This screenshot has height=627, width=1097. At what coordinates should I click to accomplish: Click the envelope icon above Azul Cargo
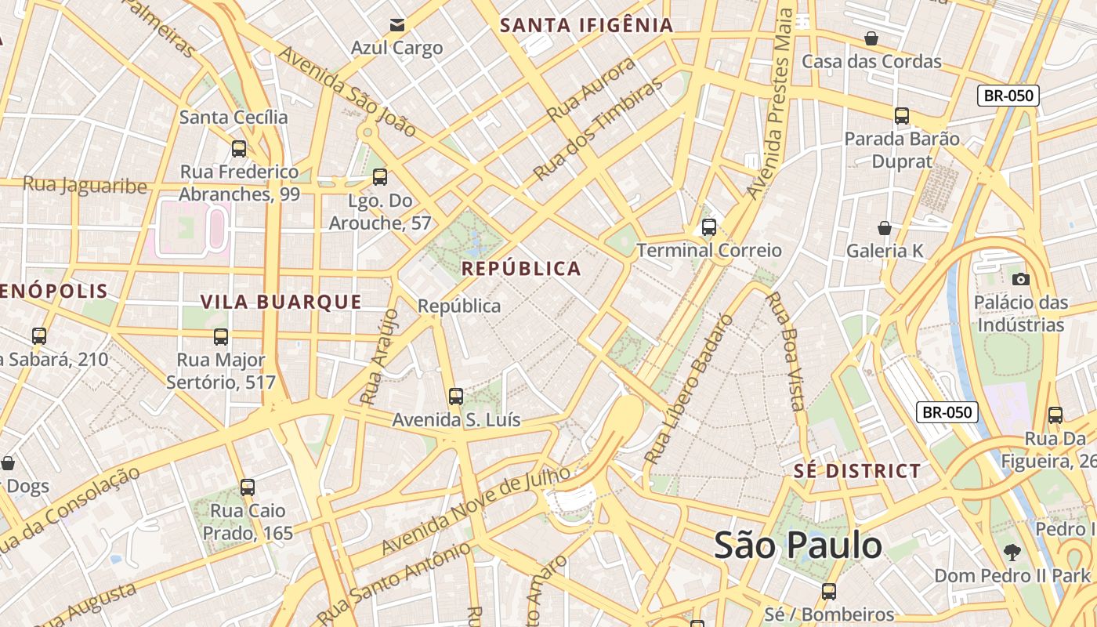[x=397, y=25]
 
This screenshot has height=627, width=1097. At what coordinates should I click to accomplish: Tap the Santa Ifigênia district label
[x=587, y=25]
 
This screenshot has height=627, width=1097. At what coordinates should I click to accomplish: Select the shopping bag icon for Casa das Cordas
[x=871, y=38]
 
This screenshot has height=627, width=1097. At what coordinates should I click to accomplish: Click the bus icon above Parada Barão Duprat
[x=902, y=116]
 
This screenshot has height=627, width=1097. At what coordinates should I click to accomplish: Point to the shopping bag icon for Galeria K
[x=885, y=228]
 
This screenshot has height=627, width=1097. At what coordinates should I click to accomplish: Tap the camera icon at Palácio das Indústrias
[x=1020, y=279]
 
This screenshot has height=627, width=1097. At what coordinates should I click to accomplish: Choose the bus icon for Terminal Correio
[x=709, y=227]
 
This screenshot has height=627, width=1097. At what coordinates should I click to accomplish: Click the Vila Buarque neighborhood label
[x=281, y=302]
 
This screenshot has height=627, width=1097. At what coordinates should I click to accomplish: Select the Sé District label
[x=857, y=471]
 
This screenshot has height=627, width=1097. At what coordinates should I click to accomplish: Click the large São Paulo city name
[x=798, y=545]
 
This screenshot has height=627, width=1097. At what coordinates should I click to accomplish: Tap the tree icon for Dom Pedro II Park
[x=1012, y=553]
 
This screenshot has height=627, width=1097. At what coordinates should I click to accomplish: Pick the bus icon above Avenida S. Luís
[x=456, y=397]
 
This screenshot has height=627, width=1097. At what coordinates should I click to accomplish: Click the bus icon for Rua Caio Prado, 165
[x=248, y=487]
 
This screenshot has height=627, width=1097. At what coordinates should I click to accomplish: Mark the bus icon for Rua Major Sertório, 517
[x=221, y=337]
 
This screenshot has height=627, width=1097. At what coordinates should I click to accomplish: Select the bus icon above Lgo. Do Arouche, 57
[x=380, y=177]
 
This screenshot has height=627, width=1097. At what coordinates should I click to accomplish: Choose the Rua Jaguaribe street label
[x=85, y=185]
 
